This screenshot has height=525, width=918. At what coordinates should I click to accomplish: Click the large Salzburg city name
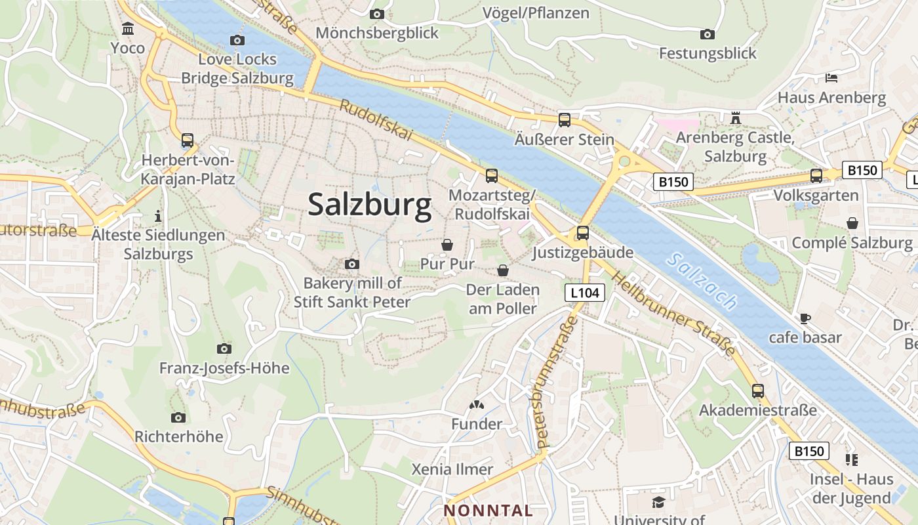(x=370, y=205)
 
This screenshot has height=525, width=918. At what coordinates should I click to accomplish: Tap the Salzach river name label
(x=702, y=281)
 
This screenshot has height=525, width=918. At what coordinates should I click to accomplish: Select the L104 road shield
(x=584, y=293)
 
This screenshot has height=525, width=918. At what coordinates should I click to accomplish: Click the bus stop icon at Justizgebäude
(x=582, y=233)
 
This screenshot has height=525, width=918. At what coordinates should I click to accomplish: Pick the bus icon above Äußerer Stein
(x=564, y=120)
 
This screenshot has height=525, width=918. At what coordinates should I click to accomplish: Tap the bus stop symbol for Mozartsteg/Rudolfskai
(x=491, y=176)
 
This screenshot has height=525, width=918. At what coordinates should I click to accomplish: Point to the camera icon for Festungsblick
(x=707, y=34)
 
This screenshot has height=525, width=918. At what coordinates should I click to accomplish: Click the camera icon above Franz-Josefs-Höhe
(x=224, y=348)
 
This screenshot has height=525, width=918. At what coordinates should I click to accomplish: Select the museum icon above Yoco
(x=128, y=29)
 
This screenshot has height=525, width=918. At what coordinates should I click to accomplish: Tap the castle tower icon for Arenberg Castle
(x=735, y=118)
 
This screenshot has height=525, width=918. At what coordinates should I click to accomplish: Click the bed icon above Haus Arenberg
(x=831, y=78)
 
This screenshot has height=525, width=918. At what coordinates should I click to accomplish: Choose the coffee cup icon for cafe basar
(x=805, y=318)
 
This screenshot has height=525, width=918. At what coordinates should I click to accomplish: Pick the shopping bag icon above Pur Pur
(x=447, y=245)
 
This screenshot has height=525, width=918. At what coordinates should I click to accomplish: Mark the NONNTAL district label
(x=488, y=511)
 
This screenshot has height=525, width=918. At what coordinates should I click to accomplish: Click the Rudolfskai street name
(x=376, y=119)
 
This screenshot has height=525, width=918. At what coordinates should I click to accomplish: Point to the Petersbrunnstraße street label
(x=557, y=382)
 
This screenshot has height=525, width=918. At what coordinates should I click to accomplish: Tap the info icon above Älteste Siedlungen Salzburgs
(x=157, y=216)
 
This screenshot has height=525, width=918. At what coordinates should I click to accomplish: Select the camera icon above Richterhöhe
(x=178, y=417)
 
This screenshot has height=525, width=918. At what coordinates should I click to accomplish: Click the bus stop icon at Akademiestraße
(x=758, y=391)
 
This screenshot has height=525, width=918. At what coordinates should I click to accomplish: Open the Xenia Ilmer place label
(x=452, y=469)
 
